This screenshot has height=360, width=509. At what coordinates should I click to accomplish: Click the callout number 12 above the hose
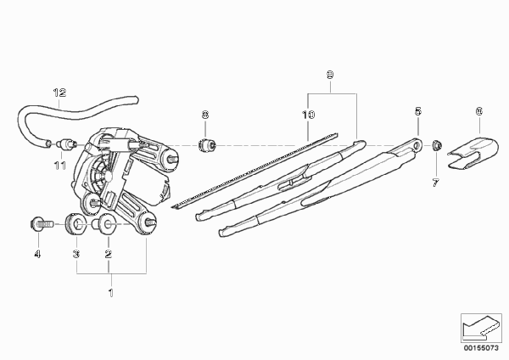tap(59, 93)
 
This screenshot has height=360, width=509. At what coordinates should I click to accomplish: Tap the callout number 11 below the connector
tap(60, 166)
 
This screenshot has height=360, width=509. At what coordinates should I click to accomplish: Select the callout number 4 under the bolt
tap(37, 254)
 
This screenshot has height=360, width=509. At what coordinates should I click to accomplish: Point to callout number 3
tap(76, 254)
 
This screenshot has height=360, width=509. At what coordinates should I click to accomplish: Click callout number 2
tap(109, 254)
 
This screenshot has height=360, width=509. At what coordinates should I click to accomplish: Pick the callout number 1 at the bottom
tap(111, 293)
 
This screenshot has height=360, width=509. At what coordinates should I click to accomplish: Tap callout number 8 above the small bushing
tap(205, 115)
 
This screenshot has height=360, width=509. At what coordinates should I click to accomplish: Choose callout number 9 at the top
tap(330, 75)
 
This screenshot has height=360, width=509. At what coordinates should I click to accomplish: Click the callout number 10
tap(309, 115)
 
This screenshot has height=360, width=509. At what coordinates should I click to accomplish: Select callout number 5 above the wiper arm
tap(418, 111)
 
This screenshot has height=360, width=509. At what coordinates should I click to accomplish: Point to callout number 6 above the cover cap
tap(479, 111)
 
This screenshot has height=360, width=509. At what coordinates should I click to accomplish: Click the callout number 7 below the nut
tap(436, 183)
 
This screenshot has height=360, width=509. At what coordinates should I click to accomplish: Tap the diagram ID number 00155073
tap(481, 348)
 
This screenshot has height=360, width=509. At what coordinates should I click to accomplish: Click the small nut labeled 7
tap(437, 145)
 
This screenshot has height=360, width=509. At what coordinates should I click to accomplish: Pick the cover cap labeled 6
tap(473, 153)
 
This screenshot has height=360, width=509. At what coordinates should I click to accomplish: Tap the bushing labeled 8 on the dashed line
tap(207, 145)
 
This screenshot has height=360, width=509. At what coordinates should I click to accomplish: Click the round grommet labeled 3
tap(76, 224)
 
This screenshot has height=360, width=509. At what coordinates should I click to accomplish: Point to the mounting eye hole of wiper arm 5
tap(417, 145)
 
